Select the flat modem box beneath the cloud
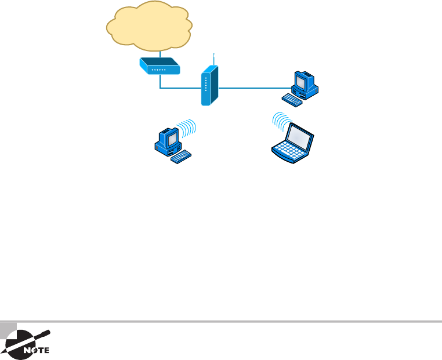click(159, 66)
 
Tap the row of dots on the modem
click(158, 70)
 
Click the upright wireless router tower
click(209, 86)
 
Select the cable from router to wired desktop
click(255, 89)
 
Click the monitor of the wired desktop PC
click(303, 82)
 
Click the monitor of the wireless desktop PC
click(171, 137)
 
